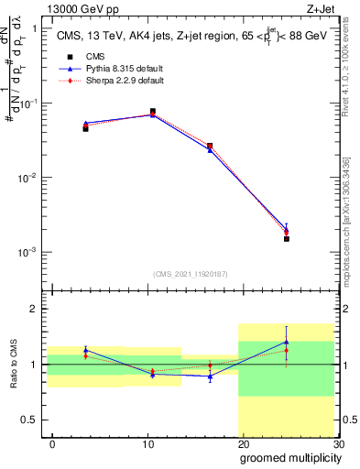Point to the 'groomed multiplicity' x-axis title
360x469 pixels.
289,457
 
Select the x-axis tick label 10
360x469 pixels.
147,443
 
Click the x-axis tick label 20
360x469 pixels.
243,443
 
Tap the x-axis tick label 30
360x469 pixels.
337,443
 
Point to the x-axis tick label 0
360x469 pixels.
52,443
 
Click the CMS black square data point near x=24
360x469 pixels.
286,238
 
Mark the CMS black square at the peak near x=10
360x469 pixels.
152,112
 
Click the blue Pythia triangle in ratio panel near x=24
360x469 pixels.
286,342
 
